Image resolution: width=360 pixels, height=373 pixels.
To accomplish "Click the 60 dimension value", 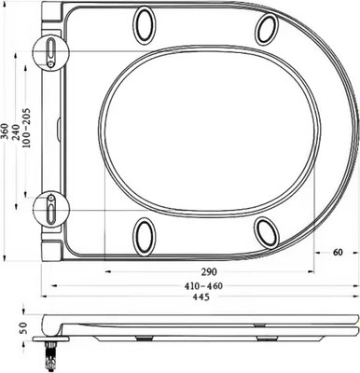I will tap(337, 252).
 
